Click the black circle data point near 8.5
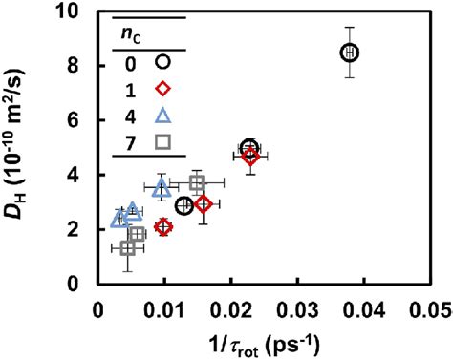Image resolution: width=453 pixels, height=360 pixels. pyautogui.click(x=350, y=52)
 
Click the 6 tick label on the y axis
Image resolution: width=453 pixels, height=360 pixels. pyautogui.click(x=84, y=122)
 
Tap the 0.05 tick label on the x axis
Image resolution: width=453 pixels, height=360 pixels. pyautogui.click(x=427, y=307)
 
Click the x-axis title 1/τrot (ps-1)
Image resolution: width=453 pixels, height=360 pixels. pyautogui.click(x=261, y=339)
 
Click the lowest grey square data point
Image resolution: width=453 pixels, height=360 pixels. pyautogui.click(x=128, y=248)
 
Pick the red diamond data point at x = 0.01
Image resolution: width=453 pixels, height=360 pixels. pyautogui.click(x=163, y=227)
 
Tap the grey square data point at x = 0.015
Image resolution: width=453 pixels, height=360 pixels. pyautogui.click(x=197, y=182)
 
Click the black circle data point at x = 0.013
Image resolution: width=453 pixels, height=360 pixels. pyautogui.click(x=184, y=205)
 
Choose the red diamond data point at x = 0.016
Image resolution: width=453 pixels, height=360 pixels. pyautogui.click(x=203, y=204)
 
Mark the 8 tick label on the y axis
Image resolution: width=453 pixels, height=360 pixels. pyautogui.click(x=84, y=68)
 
